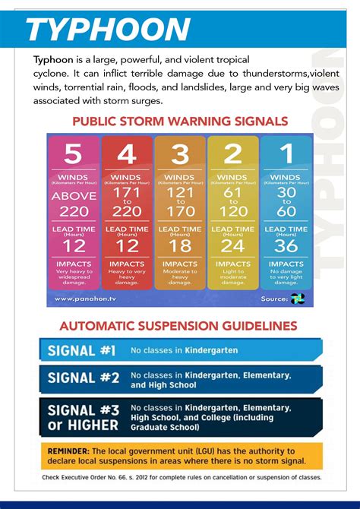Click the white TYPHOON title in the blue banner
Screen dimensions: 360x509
[x=107, y=30]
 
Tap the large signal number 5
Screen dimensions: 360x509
[x=73, y=154]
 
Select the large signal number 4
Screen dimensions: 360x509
[x=127, y=154]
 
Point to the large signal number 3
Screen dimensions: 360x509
[x=180, y=154]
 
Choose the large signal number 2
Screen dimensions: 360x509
[x=233, y=154]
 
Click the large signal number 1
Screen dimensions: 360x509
[x=286, y=154]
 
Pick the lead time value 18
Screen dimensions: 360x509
[x=180, y=245]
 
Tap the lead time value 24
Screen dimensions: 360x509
[x=233, y=245]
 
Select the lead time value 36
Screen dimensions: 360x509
[x=286, y=245]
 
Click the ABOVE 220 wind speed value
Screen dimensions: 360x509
[x=73, y=204]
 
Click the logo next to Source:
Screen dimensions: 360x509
[x=297, y=299]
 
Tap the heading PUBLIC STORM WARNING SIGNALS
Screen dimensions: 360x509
[x=180, y=122]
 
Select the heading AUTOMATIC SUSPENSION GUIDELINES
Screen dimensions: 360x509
[x=178, y=325]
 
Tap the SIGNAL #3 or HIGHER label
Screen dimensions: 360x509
[x=83, y=417]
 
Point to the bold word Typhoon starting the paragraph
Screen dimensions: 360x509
[x=52, y=59]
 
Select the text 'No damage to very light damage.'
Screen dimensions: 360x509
[x=286, y=276]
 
